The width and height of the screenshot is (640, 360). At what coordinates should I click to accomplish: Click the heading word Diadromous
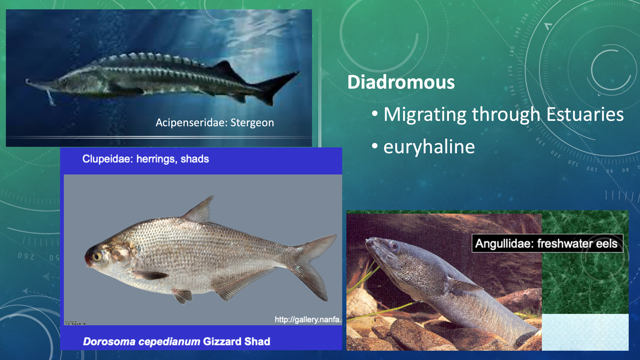click(401, 82)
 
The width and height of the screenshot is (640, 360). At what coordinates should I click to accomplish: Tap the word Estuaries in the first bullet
click(584, 114)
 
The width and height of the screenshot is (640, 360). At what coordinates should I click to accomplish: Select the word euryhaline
click(429, 147)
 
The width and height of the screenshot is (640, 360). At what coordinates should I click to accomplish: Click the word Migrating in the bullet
click(425, 115)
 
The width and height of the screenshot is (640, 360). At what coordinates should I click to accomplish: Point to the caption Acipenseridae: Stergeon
click(215, 122)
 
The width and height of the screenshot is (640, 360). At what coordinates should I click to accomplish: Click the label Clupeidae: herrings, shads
click(146, 159)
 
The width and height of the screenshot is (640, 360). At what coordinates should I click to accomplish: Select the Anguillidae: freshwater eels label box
click(546, 244)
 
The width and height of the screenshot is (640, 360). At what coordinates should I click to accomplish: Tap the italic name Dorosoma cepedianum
click(141, 342)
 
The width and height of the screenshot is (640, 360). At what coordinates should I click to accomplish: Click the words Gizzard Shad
click(236, 342)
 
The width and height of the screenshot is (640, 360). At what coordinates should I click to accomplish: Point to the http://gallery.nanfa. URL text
click(308, 319)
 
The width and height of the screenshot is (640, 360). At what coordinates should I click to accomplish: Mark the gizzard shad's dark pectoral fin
click(150, 275)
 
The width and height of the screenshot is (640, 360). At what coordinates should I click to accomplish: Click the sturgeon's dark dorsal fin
click(226, 70)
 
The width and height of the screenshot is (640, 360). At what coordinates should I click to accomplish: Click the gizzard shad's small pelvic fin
click(182, 296)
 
